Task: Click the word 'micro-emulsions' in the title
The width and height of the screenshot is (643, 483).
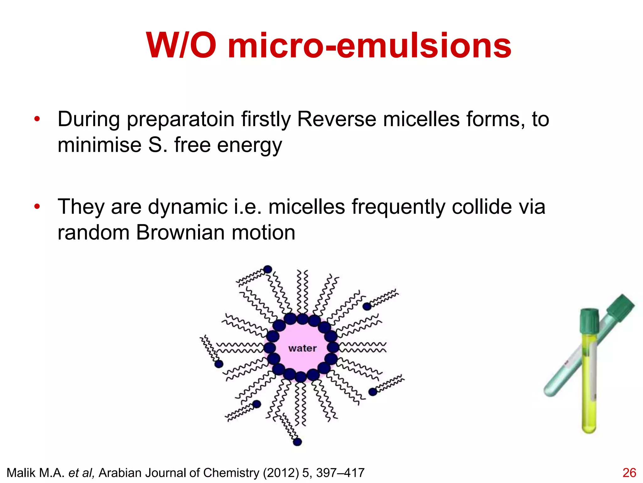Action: tap(370, 46)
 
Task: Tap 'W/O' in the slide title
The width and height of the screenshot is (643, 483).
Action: tap(181, 46)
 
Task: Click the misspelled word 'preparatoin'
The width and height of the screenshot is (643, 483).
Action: tap(181, 120)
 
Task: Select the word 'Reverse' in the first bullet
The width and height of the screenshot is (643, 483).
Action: tap(336, 119)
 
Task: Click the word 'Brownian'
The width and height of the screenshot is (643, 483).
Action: tap(180, 233)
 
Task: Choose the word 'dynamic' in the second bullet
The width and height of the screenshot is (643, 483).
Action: tap(187, 207)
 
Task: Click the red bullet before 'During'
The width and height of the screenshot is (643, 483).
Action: tap(37, 119)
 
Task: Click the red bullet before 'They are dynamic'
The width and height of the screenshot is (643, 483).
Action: tap(37, 207)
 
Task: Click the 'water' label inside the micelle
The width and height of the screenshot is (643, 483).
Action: tap(302, 348)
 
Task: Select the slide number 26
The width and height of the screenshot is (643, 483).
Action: tap(629, 473)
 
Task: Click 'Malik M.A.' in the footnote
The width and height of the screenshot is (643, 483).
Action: tap(35, 473)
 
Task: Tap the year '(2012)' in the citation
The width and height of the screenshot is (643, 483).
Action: tap(281, 473)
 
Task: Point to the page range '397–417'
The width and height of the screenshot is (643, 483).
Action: tap(340, 473)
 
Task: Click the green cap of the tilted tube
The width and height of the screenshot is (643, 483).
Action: tap(620, 307)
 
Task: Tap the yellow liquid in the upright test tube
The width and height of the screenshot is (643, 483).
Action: tap(589, 393)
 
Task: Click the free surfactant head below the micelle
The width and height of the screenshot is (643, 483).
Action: tap(297, 442)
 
